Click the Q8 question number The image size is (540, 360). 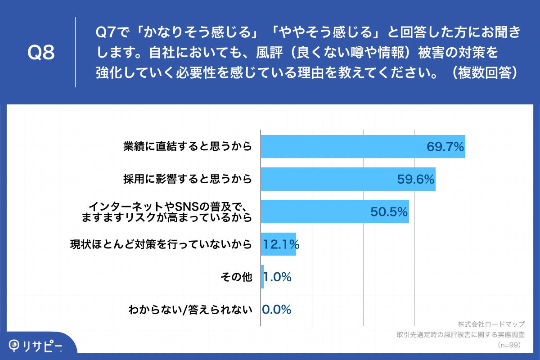(x=41, y=53)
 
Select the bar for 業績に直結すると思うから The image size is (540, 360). (x=342, y=146)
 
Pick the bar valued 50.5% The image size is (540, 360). (x=315, y=211)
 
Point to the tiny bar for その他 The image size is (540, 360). (x=262, y=277)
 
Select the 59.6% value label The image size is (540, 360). (x=415, y=179)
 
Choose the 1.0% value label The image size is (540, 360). (x=278, y=277)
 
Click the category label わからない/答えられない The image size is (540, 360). (x=189, y=310)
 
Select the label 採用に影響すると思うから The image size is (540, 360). (x=187, y=179)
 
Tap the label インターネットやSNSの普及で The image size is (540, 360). (x=169, y=207)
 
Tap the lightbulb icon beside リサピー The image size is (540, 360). (x=15, y=345)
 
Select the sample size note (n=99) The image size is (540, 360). (x=509, y=345)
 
